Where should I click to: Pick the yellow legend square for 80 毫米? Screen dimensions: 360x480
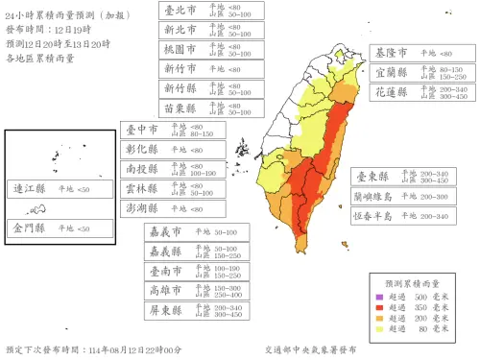(x=382, y=328)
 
